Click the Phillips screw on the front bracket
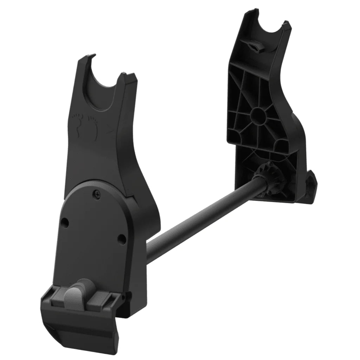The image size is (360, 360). point(96,192)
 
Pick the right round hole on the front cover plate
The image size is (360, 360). point(122,239)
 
